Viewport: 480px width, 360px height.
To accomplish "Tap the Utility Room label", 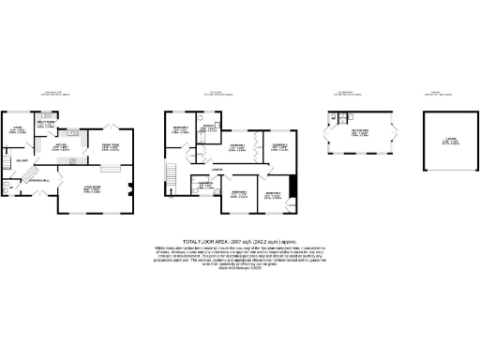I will pos(44,122).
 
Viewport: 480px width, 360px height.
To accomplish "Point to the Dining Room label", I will pos(109,146).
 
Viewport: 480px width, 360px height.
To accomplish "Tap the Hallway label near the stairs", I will pos(19,162).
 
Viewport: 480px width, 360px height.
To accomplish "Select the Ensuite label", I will pos(209,127).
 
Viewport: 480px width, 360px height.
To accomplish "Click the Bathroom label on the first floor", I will pos(204,184).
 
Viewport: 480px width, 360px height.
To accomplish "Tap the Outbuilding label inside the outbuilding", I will pos(358,133).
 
